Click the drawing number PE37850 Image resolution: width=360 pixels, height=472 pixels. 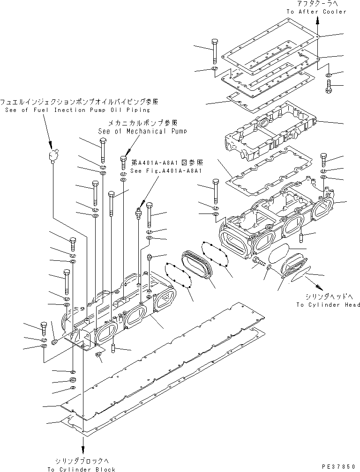point(339,467)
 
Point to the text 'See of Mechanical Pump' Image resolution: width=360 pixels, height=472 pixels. point(142,132)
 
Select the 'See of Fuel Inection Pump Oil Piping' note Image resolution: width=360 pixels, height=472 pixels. point(77,110)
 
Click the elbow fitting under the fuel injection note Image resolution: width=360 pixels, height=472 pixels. point(54,155)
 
